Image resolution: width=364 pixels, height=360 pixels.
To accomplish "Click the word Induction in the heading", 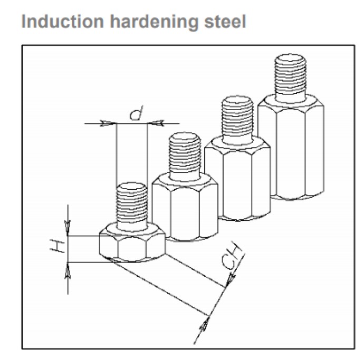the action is pos(62,21).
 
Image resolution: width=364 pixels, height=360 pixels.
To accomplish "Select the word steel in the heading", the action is pos(225,21).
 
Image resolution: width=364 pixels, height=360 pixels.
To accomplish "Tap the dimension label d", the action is pos(136,113).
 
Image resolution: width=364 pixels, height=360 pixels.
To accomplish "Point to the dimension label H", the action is pos(57,246).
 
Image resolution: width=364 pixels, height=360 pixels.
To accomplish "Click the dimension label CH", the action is pos(232,257).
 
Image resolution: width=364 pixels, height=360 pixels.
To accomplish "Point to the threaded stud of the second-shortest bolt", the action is pos(185,156).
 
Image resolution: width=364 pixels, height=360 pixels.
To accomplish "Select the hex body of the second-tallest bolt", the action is pos(238,178).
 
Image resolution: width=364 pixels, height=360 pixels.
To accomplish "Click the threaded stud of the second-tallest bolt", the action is pos(237,120).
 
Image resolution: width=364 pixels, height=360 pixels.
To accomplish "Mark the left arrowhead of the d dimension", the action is pos(108,123).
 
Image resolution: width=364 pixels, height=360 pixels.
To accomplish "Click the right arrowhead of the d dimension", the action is pos(156,123).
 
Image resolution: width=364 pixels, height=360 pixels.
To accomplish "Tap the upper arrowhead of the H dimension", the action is pos(68,228).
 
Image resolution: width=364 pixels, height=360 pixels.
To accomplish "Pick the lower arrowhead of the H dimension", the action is pos(68,270).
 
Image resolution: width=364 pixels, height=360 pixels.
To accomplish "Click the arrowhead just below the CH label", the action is pos(231,280).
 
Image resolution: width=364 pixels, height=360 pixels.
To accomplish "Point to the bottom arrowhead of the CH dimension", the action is pos(204,324).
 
